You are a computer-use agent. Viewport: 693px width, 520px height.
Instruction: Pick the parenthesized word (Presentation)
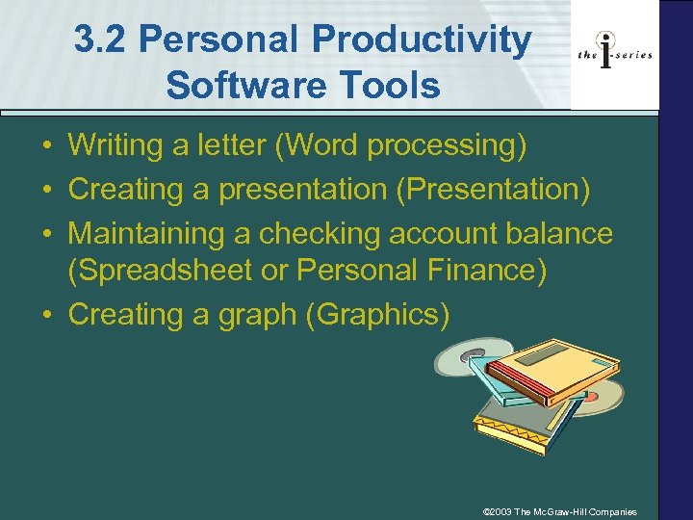pos(493,190)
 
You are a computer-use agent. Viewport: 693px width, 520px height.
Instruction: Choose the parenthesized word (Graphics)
pos(376,315)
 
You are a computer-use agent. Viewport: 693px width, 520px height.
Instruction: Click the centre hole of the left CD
pos(469,357)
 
